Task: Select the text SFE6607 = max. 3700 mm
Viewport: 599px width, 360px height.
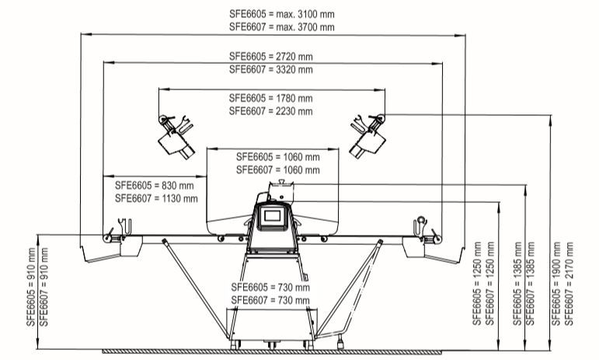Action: [282, 27]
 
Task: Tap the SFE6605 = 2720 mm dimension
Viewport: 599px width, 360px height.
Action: [271, 57]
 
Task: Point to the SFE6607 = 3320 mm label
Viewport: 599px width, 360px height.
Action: [271, 69]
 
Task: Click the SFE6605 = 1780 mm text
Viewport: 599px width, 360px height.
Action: [271, 99]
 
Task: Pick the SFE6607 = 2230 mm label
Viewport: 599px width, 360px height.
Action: [271, 111]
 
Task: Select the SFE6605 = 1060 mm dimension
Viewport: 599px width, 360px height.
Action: [277, 157]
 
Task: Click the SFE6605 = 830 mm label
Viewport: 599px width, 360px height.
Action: [155, 186]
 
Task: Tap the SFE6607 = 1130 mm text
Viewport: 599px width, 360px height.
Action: [156, 198]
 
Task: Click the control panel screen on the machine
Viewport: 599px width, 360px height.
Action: [273, 217]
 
